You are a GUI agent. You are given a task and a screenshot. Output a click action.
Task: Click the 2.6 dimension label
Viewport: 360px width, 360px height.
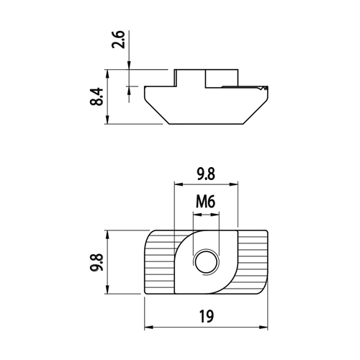(x=119, y=40)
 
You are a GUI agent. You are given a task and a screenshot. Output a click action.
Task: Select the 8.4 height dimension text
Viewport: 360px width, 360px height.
(x=96, y=96)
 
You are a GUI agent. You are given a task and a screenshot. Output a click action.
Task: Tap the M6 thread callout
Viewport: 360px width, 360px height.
(x=205, y=202)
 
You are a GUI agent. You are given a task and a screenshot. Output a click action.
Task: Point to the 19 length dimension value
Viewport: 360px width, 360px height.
(x=206, y=316)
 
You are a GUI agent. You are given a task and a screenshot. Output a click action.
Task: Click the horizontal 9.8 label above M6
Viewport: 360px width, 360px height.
(x=206, y=174)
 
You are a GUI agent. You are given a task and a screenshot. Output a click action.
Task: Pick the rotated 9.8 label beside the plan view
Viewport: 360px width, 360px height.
(x=96, y=262)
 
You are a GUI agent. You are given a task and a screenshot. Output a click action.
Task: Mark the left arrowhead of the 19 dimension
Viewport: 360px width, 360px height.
(x=149, y=327)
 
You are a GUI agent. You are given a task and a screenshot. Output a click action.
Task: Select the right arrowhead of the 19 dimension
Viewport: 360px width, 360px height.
(x=264, y=327)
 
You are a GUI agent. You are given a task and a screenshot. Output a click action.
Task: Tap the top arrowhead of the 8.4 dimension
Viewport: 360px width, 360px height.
(x=107, y=74)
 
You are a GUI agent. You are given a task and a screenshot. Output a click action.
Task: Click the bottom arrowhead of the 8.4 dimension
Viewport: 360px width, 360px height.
(x=107, y=120)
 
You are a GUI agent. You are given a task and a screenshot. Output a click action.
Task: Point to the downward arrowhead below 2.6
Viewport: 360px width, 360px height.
(x=129, y=66)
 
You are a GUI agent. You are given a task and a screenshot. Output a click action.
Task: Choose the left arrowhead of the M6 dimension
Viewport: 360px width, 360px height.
(x=197, y=215)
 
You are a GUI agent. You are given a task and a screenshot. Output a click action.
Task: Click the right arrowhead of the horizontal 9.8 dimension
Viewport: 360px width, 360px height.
(x=233, y=184)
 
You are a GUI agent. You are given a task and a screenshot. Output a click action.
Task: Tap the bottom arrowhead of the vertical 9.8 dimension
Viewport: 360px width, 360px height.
(x=107, y=289)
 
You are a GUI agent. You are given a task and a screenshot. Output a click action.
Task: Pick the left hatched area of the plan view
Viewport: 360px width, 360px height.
(x=159, y=261)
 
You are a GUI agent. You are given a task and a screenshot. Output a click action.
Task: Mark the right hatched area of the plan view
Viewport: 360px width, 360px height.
(x=253, y=261)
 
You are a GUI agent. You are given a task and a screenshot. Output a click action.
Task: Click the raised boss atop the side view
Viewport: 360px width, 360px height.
(x=207, y=78)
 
